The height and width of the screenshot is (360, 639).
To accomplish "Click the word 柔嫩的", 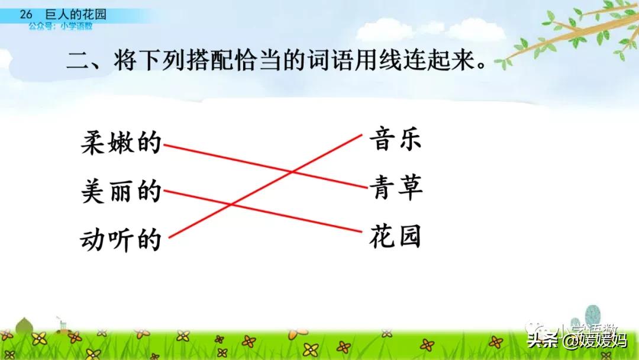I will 121,143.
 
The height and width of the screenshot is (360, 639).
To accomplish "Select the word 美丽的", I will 121,192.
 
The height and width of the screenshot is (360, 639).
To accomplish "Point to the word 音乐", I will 395,141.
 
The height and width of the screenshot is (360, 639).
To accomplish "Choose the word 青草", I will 395,189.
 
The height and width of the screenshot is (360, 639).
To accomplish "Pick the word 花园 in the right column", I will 395,237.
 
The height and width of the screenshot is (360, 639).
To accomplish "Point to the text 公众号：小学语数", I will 60,26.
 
